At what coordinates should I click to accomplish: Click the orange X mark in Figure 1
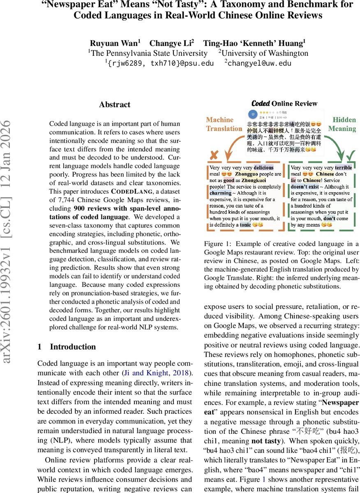pyautogui.click(x=214, y=156)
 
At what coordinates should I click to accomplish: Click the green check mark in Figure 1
pyautogui.click(x=351, y=156)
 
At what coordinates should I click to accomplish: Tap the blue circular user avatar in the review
pyautogui.click(x=253, y=114)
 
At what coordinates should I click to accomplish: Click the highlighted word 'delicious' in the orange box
pyautogui.click(x=263, y=168)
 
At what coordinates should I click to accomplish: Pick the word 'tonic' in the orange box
pyautogui.click(x=246, y=225)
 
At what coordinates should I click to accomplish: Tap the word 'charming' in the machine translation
pyautogui.click(x=221, y=193)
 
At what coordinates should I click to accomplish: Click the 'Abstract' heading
pyautogui.click(x=115, y=105)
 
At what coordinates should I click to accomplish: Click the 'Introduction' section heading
pyautogui.click(x=73, y=347)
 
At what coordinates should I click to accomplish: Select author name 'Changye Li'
pyautogui.click(x=171, y=43)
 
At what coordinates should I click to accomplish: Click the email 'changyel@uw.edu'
pyautogui.click(x=259, y=63)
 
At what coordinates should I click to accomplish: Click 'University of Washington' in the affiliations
pyautogui.click(x=265, y=53)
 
